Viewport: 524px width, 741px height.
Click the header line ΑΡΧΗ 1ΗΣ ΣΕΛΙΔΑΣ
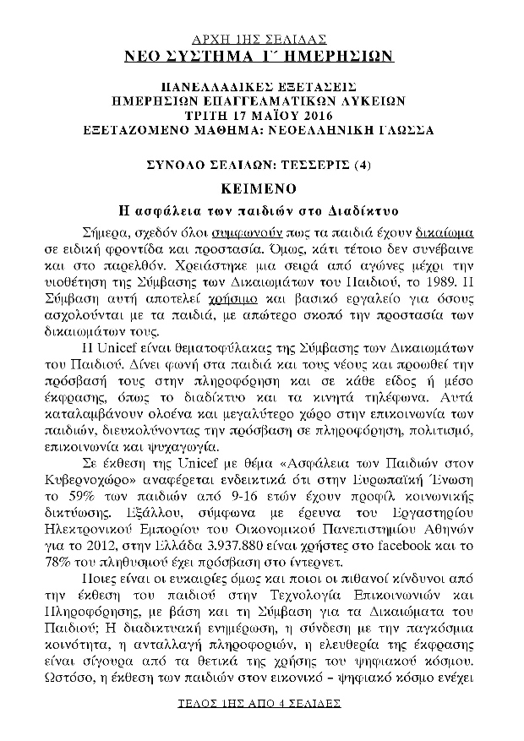(x=260, y=40)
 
